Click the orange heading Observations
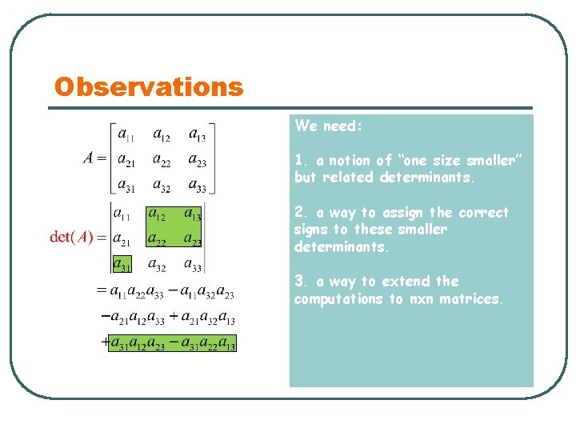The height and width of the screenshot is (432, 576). [x=148, y=86]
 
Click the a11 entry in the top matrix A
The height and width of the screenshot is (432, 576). [x=126, y=134]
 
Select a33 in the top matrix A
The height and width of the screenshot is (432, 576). [x=197, y=186]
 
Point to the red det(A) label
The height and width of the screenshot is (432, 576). [x=72, y=237]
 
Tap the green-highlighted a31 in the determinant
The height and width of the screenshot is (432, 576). [x=122, y=263]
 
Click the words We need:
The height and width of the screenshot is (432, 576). [x=328, y=126]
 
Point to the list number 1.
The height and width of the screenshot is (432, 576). [x=298, y=161]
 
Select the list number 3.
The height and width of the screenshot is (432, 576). [x=298, y=282]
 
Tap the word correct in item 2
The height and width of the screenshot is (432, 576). [x=482, y=213]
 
